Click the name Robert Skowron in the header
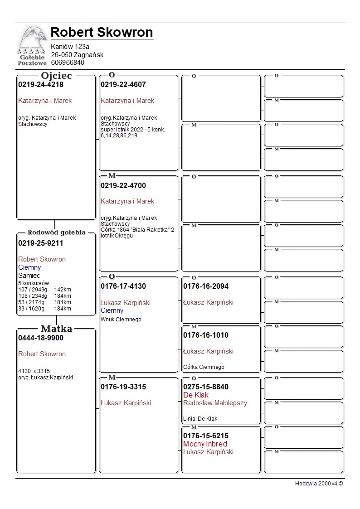pyautogui.click(x=102, y=32)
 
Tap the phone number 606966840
pyautogui.click(x=68, y=63)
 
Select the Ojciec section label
pyautogui.click(x=56, y=76)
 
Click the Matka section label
pyautogui.click(x=56, y=329)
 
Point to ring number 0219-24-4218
pyautogui.click(x=41, y=85)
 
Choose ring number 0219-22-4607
pyautogui.click(x=123, y=85)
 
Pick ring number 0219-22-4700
pyautogui.click(x=123, y=185)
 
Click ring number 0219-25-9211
pyautogui.click(x=41, y=243)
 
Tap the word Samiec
pyautogui.click(x=29, y=276)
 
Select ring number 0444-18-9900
pyautogui.click(x=41, y=338)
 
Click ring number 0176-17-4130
pyautogui.click(x=123, y=286)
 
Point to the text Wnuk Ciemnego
pyautogui.click(x=121, y=320)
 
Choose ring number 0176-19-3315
pyautogui.click(x=123, y=387)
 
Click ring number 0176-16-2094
pyautogui.click(x=206, y=286)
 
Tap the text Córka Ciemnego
pyautogui.click(x=204, y=367)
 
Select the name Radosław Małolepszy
pyautogui.click(x=215, y=403)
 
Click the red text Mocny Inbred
pyautogui.click(x=205, y=444)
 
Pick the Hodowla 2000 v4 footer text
pyautogui.click(x=319, y=484)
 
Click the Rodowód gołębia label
pyautogui.click(x=56, y=233)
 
